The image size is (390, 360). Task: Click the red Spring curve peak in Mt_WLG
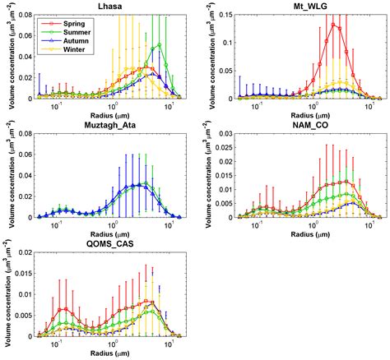332,24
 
